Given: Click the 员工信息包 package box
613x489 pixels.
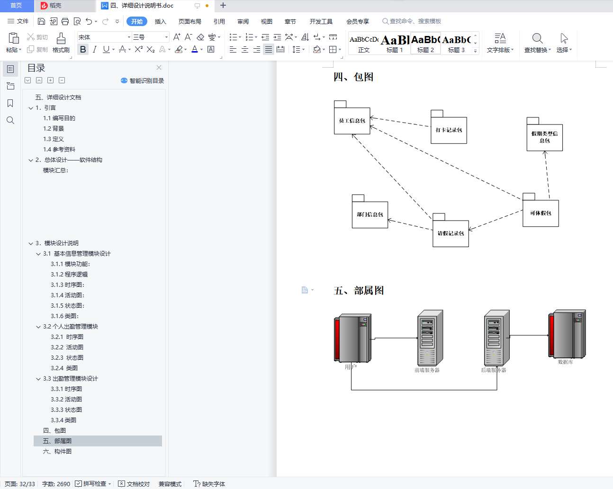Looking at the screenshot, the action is click(352, 121).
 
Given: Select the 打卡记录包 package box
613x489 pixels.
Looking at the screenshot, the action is click(449, 130).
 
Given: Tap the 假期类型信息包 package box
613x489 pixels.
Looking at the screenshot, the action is click(544, 137).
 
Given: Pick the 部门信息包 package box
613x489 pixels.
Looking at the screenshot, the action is click(370, 214).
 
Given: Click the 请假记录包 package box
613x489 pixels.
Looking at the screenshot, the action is click(451, 233).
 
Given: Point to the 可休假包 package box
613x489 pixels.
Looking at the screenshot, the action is click(541, 213).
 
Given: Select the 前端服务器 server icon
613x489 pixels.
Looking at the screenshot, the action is click(430, 338).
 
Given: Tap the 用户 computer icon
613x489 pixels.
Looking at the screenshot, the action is click(352, 338).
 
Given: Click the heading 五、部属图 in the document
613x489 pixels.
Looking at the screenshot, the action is click(359, 291).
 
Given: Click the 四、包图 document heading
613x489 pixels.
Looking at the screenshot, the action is click(353, 77).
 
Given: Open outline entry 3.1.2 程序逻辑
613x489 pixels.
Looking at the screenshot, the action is click(69, 275).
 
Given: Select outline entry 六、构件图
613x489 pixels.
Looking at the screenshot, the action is click(57, 452).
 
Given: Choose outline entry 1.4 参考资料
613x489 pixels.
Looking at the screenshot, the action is click(59, 150).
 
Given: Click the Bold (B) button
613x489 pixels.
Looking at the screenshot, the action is click(83, 50).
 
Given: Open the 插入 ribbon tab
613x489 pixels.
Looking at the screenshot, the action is click(160, 21).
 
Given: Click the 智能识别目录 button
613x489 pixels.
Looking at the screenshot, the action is click(143, 81).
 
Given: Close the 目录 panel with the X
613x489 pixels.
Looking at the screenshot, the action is click(159, 68).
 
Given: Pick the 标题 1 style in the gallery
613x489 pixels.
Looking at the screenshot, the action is click(395, 43).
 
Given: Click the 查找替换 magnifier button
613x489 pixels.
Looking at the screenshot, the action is click(537, 43).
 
